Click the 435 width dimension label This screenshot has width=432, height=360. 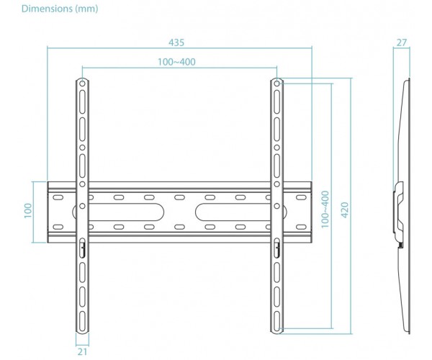click(176, 42)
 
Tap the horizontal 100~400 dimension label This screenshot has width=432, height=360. click(176, 62)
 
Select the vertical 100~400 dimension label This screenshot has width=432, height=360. click(325, 210)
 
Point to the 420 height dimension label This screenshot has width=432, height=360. click(345, 210)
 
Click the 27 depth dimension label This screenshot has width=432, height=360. click(402, 42)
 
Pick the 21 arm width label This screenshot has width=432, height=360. click(82, 352)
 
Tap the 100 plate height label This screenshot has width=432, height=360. click(28, 211)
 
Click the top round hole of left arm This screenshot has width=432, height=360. click(82, 84)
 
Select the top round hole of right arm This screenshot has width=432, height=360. click(277, 84)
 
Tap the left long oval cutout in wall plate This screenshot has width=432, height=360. click(119, 212)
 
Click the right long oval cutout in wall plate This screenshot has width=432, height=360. click(241, 212)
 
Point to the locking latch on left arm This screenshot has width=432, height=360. click(82, 248)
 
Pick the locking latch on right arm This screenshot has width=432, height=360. click(277, 248)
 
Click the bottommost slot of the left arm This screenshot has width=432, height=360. click(82, 321)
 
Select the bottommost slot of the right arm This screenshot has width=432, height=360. click(277, 321)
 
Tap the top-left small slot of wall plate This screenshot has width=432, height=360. click(58, 197)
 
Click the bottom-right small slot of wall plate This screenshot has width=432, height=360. click(301, 228)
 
